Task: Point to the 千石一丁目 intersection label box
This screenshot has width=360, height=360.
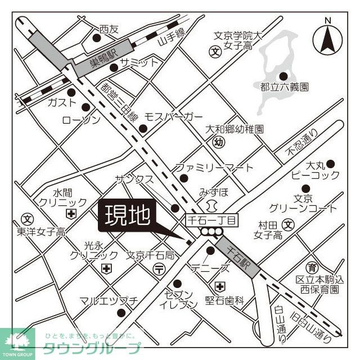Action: [x=213, y=218]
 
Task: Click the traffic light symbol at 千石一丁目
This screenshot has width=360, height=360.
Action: [x=213, y=232]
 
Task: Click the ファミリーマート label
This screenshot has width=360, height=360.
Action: [x=214, y=168]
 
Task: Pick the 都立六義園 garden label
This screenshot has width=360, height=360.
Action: [x=284, y=87]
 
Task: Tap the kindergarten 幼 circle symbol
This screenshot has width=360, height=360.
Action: [x=219, y=143]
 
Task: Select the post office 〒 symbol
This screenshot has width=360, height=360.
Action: [x=160, y=268]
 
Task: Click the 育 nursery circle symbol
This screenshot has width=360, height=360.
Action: [x=312, y=267]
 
